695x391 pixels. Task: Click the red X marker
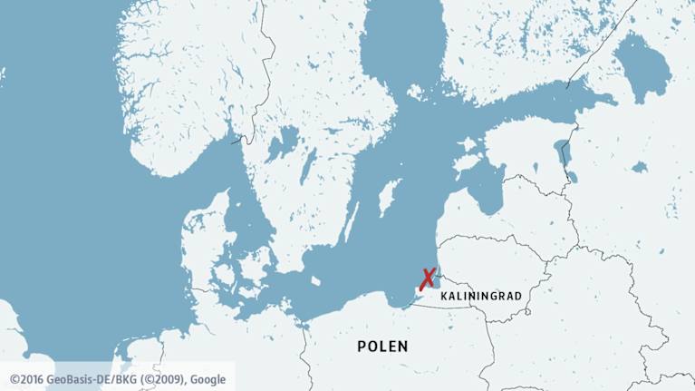pos(427,279)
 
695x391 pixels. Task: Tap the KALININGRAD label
pos(479,297)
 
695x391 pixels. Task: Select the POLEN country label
pos(382,347)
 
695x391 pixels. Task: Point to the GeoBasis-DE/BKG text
pos(89,378)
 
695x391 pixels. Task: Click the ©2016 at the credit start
pos(26,378)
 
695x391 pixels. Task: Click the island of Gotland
pos(389,197)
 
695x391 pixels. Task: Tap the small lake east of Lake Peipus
pos(640,167)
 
